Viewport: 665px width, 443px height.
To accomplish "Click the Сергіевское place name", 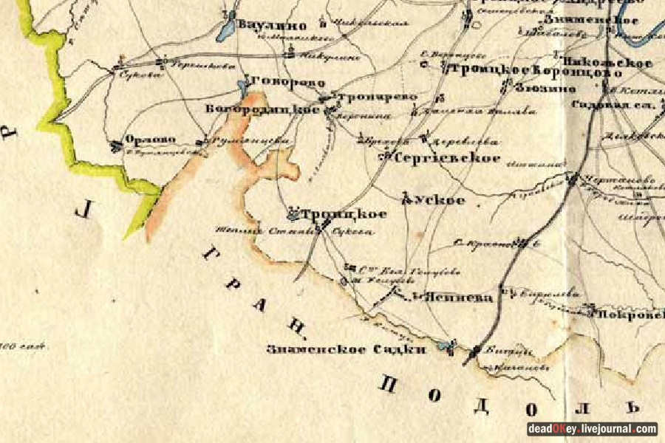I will click(447, 158).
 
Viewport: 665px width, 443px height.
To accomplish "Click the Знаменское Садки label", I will click(347, 349).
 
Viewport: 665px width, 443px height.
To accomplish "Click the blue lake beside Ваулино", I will click(226, 30).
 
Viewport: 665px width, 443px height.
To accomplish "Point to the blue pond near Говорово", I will click(243, 87).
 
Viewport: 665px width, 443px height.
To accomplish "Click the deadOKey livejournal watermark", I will click(591, 428).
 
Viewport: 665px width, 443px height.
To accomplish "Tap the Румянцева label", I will click(236, 140).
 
